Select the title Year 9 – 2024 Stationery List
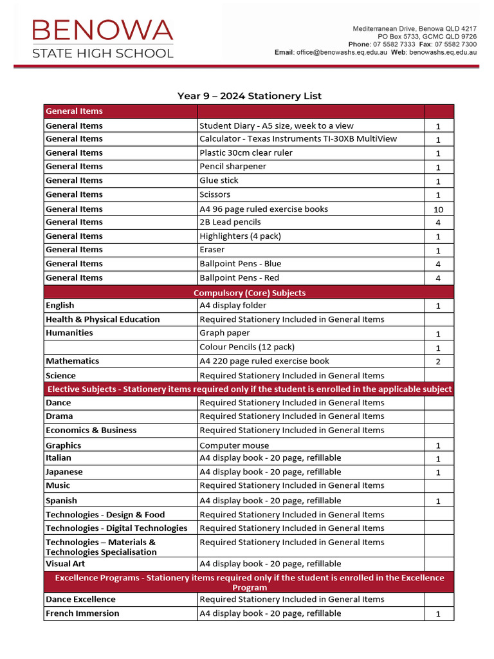click(250, 96)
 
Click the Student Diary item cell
click(277, 125)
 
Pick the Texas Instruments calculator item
click(298, 139)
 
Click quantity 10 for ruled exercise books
click(439, 209)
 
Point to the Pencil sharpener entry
click(233, 167)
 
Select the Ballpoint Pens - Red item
click(241, 278)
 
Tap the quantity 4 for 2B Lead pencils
click(439, 223)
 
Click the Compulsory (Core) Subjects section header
click(250, 293)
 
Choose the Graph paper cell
click(225, 333)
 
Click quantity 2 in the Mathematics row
click(439, 362)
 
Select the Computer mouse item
click(234, 445)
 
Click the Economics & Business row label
click(91, 431)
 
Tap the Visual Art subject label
click(66, 564)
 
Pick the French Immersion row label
click(82, 613)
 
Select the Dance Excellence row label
click(80, 599)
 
